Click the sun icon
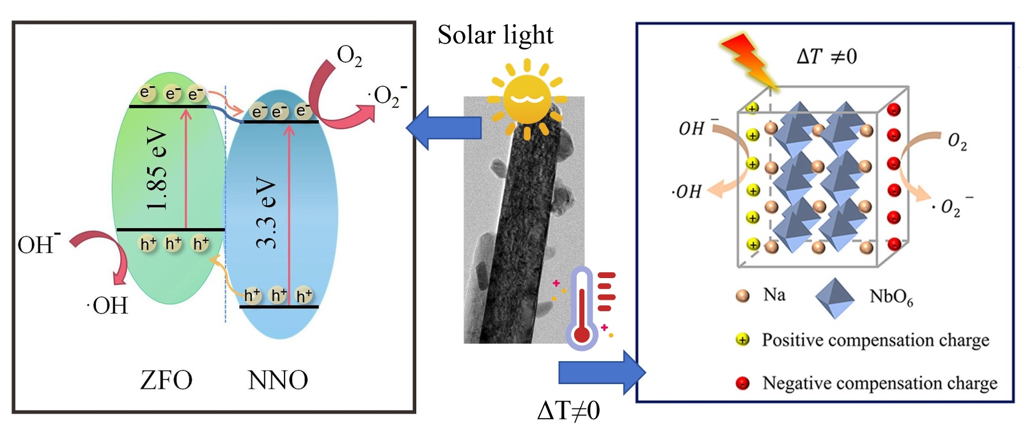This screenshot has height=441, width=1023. click(527, 98)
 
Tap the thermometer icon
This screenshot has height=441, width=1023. click(582, 309)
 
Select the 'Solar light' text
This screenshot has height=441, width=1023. click(495, 35)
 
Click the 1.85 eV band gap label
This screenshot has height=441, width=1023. click(157, 169)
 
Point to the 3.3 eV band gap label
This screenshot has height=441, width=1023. click(266, 213)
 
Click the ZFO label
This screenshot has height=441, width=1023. click(166, 380)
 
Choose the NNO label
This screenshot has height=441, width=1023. click(277, 380)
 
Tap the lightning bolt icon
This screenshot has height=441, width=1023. click(749, 59)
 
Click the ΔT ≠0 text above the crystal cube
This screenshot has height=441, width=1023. click(826, 57)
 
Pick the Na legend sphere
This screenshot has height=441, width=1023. click(742, 296)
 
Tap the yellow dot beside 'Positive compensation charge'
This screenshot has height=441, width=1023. click(742, 340)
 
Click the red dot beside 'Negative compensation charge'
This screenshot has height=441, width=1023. click(742, 383)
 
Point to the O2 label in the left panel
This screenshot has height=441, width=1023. click(349, 56)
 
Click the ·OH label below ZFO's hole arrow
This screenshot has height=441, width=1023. click(108, 306)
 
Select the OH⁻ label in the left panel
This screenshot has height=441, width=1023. click(38, 244)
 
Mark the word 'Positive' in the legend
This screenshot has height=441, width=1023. click(792, 340)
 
